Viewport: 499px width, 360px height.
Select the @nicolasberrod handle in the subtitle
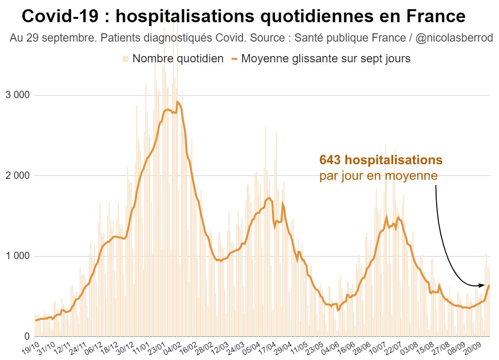pyautogui.click(x=454, y=38)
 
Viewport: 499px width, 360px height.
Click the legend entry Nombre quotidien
pyautogui.click(x=177, y=58)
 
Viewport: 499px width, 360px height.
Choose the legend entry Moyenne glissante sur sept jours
pyautogui.click(x=326, y=58)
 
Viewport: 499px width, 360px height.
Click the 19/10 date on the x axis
pyautogui.click(x=30, y=347)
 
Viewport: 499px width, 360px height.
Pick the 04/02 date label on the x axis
pyautogui.click(x=172, y=347)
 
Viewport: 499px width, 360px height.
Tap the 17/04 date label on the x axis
pyautogui.click(x=267, y=347)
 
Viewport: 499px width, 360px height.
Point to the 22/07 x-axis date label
pyautogui.click(x=392, y=347)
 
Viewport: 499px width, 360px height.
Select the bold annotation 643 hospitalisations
pyautogui.click(x=381, y=160)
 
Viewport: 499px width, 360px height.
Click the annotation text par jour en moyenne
pyautogui.click(x=378, y=175)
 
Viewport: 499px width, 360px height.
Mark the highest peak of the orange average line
pyautogui.click(x=178, y=101)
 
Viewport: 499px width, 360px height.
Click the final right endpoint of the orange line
pyautogui.click(x=489, y=285)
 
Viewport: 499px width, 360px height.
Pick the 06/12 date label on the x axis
pyautogui.click(x=94, y=347)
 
